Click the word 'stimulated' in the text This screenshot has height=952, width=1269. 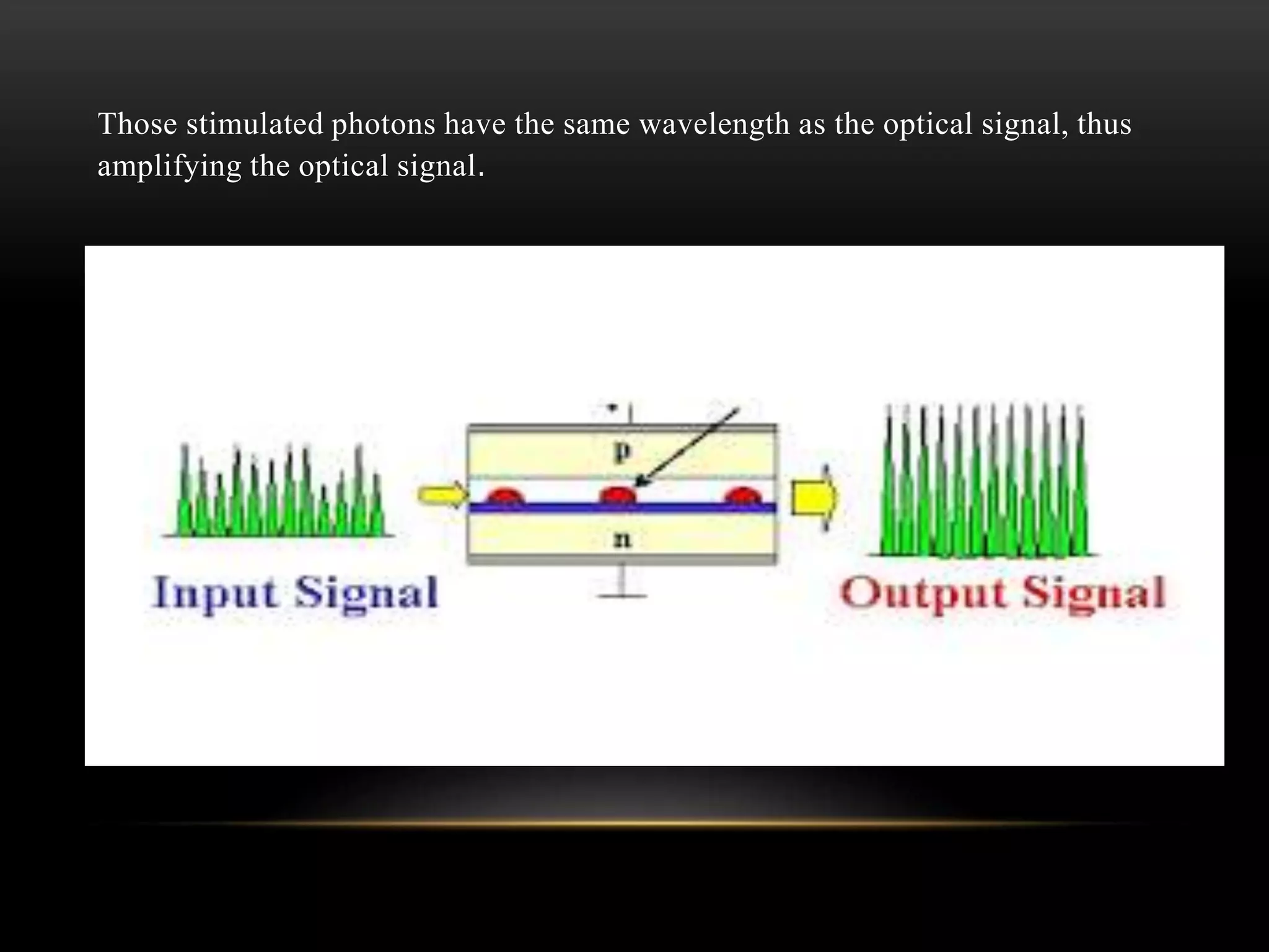pyautogui.click(x=255, y=124)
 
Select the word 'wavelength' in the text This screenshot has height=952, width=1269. pyautogui.click(x=714, y=124)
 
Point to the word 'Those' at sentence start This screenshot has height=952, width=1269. pyautogui.click(x=138, y=124)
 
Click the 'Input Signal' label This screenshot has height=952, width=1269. pyautogui.click(x=295, y=593)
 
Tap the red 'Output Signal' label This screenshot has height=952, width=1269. pyautogui.click(x=1003, y=593)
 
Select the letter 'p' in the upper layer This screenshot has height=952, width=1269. pyautogui.click(x=621, y=454)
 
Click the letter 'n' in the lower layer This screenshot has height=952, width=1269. pyautogui.click(x=621, y=539)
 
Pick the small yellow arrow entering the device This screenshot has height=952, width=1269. pyautogui.click(x=441, y=495)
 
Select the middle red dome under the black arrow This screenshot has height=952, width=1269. pyautogui.click(x=618, y=495)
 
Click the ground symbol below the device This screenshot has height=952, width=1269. pyautogui.click(x=623, y=586)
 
